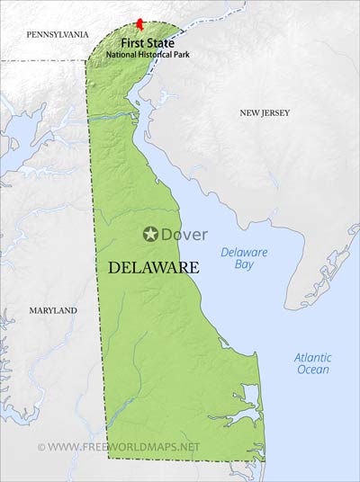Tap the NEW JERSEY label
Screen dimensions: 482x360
click(x=266, y=112)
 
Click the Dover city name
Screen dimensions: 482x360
click(x=184, y=235)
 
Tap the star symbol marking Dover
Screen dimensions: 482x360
click(x=151, y=235)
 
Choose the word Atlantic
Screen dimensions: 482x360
click(x=312, y=357)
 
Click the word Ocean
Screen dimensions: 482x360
click(x=312, y=370)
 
